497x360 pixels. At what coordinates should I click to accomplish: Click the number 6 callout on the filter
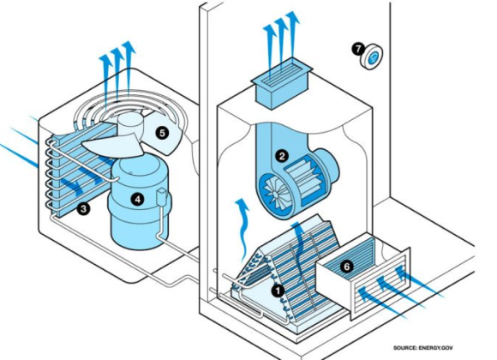click(346, 267)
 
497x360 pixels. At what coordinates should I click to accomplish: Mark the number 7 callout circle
click(357, 49)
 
